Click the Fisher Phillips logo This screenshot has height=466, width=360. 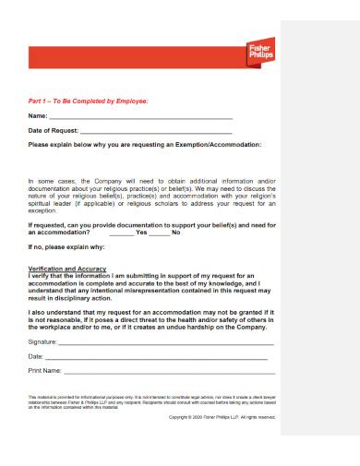coord(262,54)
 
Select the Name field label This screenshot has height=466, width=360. coord(38,116)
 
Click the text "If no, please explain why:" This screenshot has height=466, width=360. coord(66,247)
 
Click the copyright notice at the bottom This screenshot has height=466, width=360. coord(222,417)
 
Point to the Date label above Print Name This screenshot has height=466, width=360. coord(36,355)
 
